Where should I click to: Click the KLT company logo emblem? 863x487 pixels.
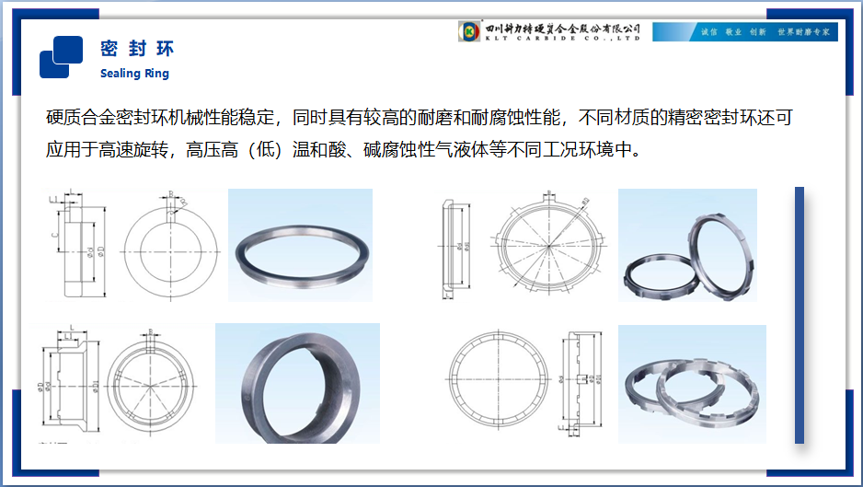pos(470,32)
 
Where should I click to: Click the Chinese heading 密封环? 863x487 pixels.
pos(136,49)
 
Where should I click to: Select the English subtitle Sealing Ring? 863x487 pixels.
pos(134,74)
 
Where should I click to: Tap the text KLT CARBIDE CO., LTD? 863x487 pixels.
pos(562,39)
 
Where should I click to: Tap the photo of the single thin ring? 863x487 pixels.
pos(300,245)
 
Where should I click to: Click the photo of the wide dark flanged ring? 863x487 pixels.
pos(297,382)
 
